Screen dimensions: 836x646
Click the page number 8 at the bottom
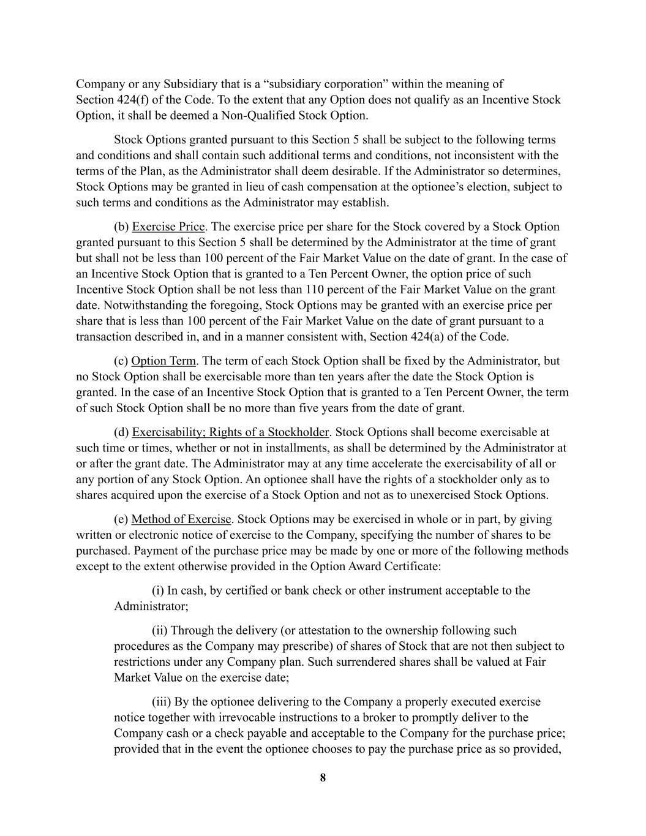click(x=323, y=778)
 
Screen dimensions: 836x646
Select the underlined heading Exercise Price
click(x=168, y=227)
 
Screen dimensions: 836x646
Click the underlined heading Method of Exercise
click(x=181, y=519)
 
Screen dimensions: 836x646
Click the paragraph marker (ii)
click(x=160, y=631)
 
